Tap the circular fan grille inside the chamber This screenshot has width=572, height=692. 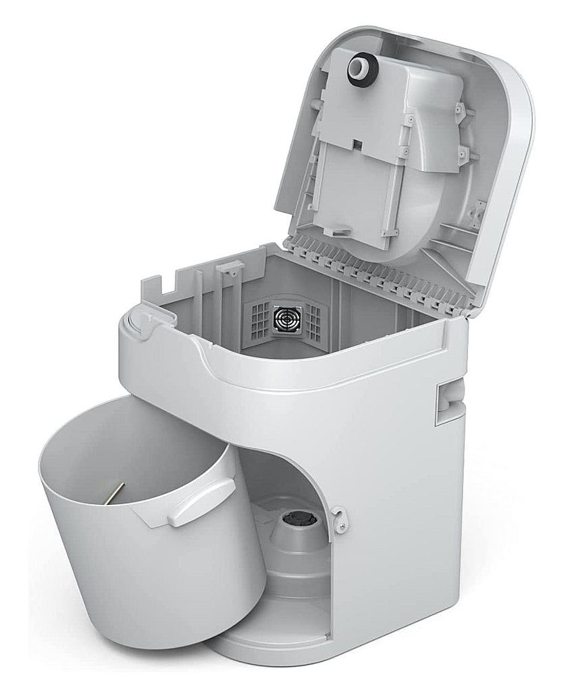pyautogui.click(x=286, y=318)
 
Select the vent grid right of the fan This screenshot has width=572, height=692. pyautogui.click(x=313, y=322)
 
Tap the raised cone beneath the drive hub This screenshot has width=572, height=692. pyautogui.click(x=297, y=547)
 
